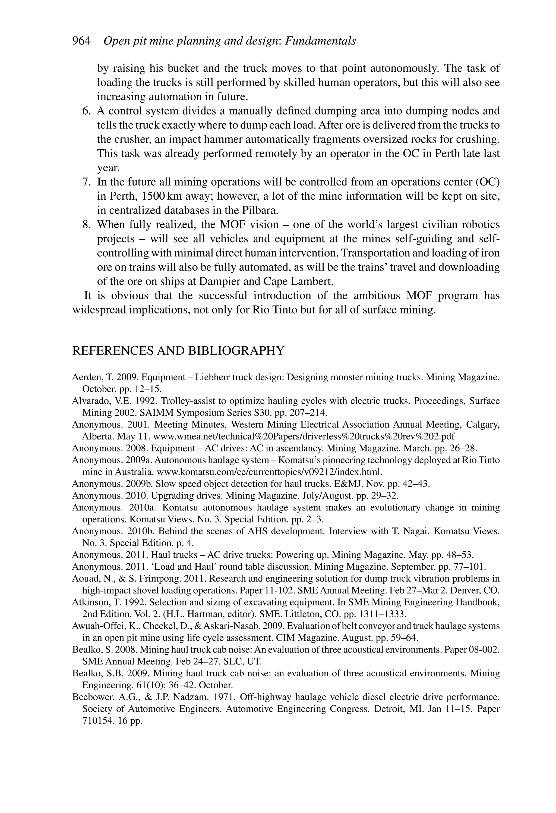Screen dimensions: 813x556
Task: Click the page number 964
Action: pos(81,41)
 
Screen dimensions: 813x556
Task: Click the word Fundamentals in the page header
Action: pos(320,41)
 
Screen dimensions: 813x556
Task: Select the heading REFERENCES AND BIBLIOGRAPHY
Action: pos(178,351)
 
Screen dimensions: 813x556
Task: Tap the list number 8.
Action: pos(86,225)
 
